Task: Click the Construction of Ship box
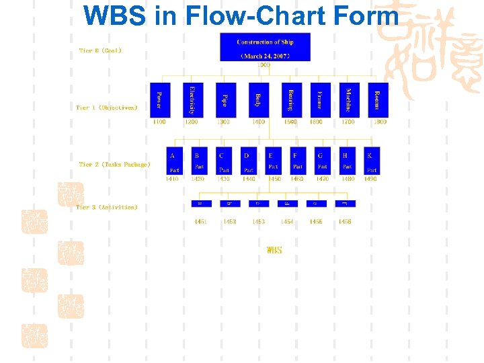265,47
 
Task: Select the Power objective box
159,100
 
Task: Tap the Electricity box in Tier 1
192,100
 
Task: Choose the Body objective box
258,100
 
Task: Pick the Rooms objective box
377,100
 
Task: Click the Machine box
348,100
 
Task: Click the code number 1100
159,122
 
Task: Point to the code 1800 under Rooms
380,122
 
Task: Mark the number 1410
173,179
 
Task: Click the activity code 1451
200,222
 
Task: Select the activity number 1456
345,222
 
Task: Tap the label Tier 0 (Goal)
100,50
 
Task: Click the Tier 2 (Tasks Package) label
114,165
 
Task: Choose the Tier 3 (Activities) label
107,208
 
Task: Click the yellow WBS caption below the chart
274,250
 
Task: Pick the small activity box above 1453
257,203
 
